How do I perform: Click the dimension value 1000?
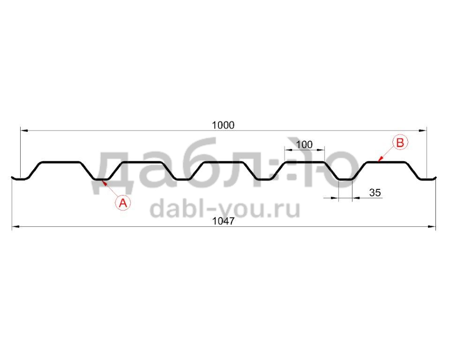pyautogui.click(x=223, y=125)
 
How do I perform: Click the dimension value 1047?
pyautogui.click(x=223, y=221)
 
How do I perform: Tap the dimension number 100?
pyautogui.click(x=304, y=144)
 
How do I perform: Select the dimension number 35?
pyautogui.click(x=375, y=192)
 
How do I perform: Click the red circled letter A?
pyautogui.click(x=123, y=203)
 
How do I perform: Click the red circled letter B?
pyautogui.click(x=400, y=142)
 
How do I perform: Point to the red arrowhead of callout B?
pyautogui.click(x=380, y=159)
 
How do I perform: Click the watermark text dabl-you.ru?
pyautogui.click(x=225, y=209)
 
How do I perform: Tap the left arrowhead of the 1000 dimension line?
pyautogui.click(x=23, y=131)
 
